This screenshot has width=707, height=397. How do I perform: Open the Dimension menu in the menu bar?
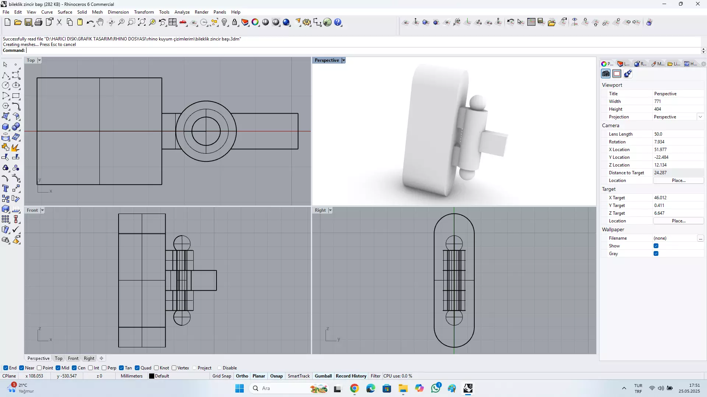click(x=118, y=12)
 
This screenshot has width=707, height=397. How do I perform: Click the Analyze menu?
click(x=182, y=12)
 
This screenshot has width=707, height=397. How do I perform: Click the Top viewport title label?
click(x=31, y=60)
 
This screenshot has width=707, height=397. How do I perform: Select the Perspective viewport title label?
click(x=327, y=60)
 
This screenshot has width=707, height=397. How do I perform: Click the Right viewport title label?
click(x=320, y=210)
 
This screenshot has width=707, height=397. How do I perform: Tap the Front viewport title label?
click(x=32, y=210)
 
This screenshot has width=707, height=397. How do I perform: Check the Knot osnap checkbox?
click(x=156, y=368)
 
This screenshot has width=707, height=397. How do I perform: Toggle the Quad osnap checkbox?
click(x=137, y=368)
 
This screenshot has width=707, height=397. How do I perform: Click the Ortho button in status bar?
click(x=242, y=376)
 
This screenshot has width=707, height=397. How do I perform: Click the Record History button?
click(x=351, y=376)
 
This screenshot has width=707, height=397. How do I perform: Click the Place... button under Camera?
click(x=678, y=180)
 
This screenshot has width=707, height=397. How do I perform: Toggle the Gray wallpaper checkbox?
click(x=656, y=254)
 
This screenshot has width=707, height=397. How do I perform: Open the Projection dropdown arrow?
click(x=700, y=117)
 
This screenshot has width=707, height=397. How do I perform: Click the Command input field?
click(x=331, y=50)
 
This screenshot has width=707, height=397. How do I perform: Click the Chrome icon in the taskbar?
click(x=354, y=388)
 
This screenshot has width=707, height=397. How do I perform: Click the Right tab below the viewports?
click(x=89, y=358)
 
